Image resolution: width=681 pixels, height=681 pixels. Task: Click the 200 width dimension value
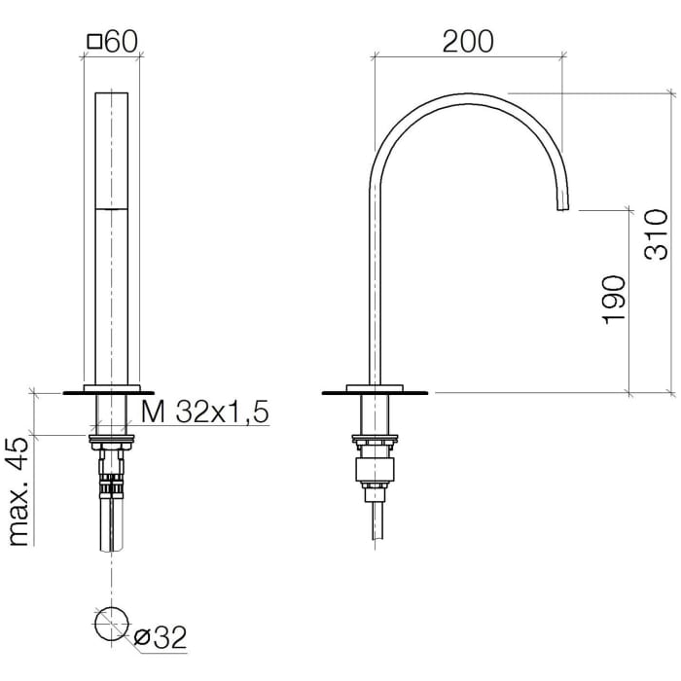click(468, 41)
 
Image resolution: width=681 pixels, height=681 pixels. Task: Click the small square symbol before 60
click(94, 42)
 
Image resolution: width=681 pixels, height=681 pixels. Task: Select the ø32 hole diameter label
click(160, 637)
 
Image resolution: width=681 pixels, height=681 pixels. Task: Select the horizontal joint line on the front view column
click(112, 207)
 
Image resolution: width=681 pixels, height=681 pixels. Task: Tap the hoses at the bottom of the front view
click(112, 525)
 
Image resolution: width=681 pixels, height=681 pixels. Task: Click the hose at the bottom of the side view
click(376, 520)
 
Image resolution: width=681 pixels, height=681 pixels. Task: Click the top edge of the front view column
click(112, 94)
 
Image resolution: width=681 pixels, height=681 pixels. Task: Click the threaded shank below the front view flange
click(112, 416)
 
